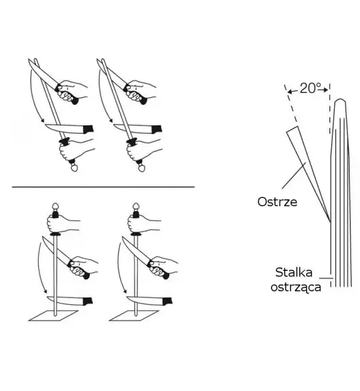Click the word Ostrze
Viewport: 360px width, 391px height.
(277, 202)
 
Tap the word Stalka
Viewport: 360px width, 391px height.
(294, 272)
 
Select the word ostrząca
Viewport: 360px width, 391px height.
(296, 287)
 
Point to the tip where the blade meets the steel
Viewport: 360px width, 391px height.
(330, 222)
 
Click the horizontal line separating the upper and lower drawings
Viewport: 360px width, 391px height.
(103, 186)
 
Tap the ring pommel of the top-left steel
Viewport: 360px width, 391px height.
(74, 168)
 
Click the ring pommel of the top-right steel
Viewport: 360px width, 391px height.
(142, 169)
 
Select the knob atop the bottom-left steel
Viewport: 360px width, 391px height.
(55, 207)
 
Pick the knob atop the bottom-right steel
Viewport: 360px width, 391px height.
(136, 207)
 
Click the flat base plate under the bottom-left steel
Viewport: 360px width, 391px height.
(53, 316)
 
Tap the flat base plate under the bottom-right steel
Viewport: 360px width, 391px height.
(134, 316)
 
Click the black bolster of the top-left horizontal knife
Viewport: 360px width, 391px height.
(88, 129)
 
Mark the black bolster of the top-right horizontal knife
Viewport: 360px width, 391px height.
(157, 129)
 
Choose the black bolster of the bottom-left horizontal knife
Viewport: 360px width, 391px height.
(88, 301)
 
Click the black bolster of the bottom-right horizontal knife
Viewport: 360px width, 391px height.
(168, 301)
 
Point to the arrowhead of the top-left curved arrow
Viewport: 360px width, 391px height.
(42, 121)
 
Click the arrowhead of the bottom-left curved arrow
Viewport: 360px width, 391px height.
(45, 291)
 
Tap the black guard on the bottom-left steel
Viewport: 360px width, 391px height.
(55, 234)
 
